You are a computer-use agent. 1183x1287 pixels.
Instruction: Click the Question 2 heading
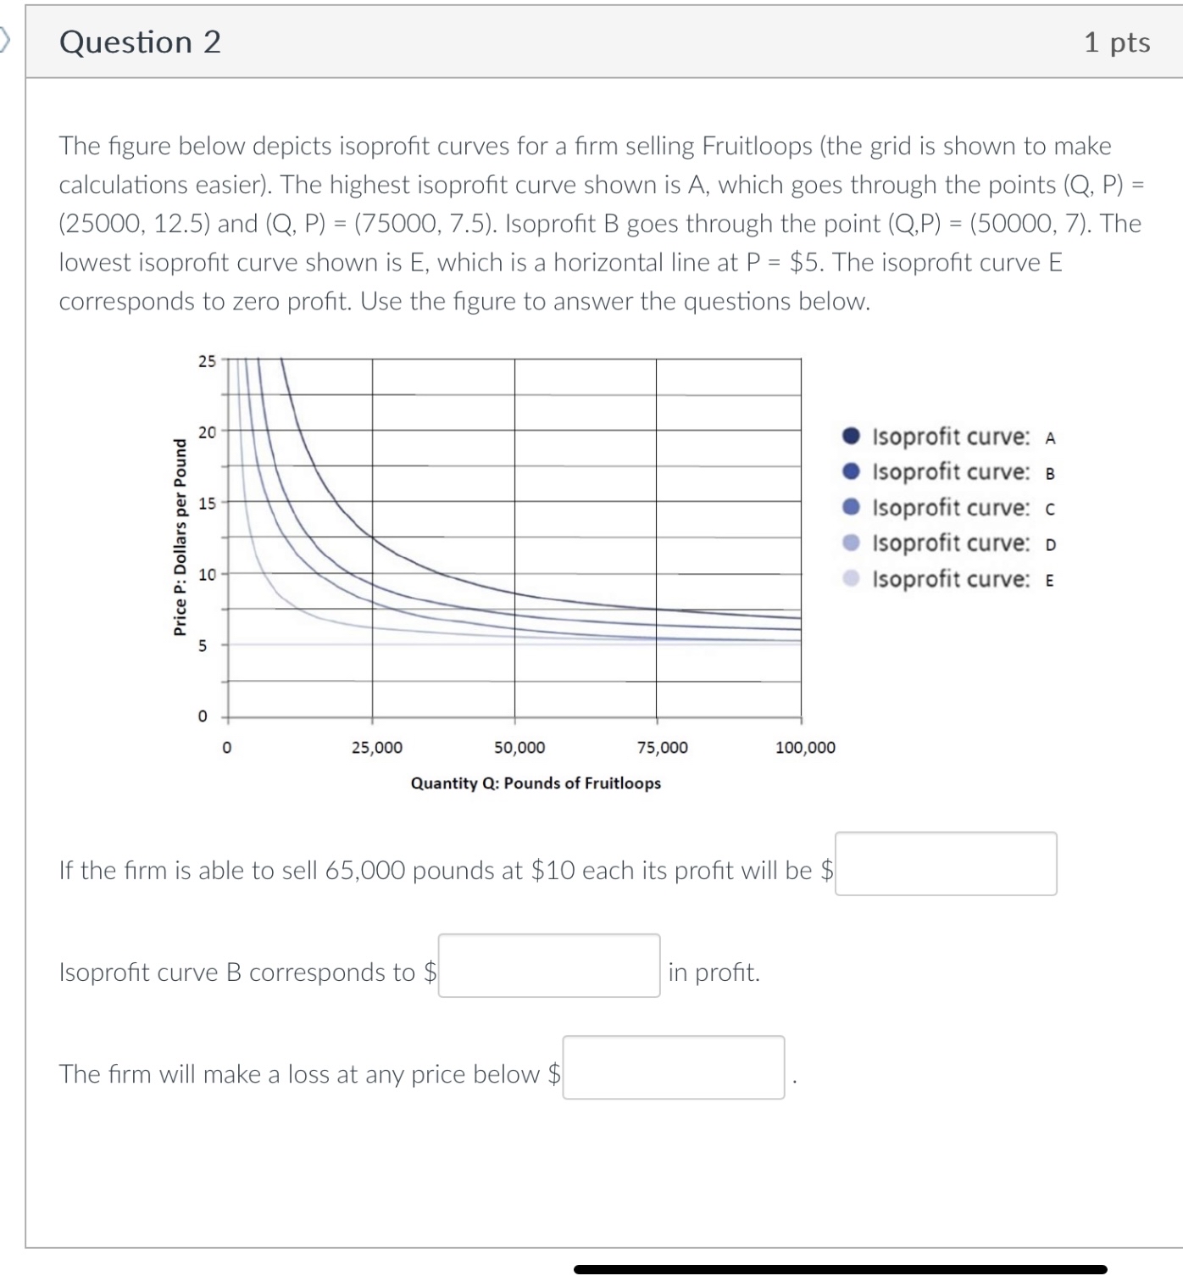140,42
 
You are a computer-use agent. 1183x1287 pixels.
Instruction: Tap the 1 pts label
1116,42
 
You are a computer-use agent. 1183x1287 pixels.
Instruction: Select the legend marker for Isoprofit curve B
852,471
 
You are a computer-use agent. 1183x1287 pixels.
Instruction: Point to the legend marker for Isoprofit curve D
852,543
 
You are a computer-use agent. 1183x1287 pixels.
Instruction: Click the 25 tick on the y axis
207,361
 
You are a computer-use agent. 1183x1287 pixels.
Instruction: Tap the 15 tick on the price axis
207,504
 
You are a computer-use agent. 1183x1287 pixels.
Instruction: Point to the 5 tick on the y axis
203,646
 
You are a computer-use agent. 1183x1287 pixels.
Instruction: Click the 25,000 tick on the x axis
377,748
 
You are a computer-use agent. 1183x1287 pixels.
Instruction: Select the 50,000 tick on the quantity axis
519,748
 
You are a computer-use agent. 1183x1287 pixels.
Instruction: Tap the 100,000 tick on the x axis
804,748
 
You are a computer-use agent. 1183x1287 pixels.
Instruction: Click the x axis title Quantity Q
536,783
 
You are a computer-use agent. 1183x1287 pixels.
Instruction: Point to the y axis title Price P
180,537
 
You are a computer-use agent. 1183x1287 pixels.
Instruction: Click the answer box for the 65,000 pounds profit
946,864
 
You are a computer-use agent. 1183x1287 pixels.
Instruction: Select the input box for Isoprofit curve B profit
549,966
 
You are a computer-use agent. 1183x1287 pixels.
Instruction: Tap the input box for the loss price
674,1067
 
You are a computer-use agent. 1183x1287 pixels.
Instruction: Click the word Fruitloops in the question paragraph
757,146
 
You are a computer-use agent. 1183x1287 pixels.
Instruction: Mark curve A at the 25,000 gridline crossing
373,537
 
